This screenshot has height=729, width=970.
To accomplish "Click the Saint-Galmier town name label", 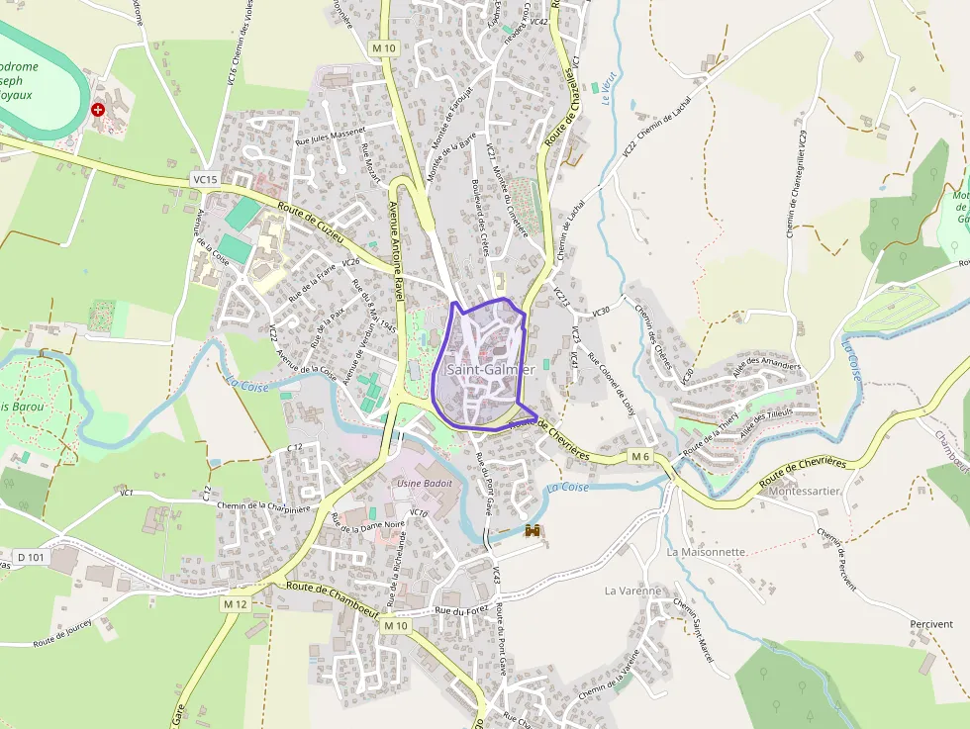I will [x=490, y=369].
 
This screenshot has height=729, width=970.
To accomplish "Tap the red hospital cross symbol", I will [x=98, y=110].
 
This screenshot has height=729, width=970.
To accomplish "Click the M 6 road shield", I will [x=641, y=456].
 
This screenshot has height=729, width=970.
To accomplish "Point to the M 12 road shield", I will [x=235, y=603].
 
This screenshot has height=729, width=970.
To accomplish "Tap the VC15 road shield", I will [x=205, y=179].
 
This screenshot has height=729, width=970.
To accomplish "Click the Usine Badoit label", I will [x=424, y=483].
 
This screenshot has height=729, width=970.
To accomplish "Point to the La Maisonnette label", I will [x=706, y=552].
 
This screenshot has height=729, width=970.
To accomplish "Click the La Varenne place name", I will [x=632, y=591].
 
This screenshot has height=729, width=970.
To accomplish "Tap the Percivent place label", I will [x=930, y=624].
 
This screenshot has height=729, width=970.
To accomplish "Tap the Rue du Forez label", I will [x=462, y=611].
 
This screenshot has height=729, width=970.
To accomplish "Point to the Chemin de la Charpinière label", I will [x=264, y=506].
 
